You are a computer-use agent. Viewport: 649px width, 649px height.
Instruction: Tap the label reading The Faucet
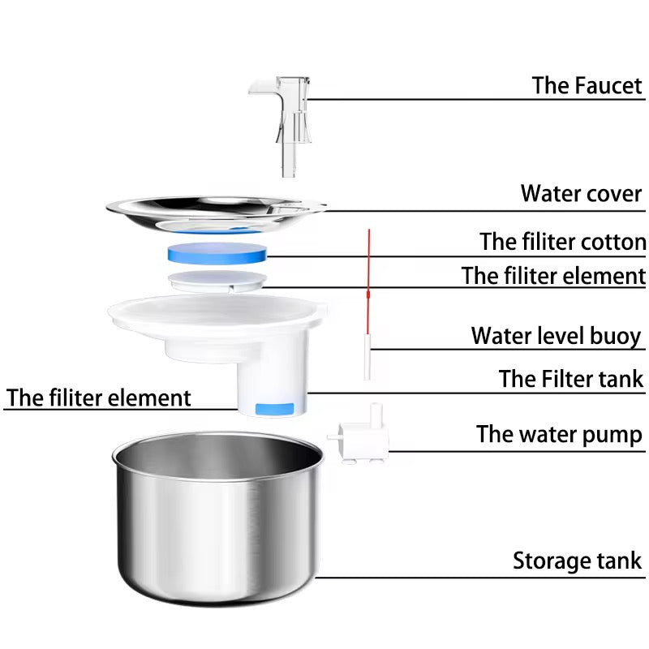[x=587, y=85]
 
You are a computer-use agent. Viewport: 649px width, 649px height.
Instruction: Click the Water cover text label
[x=581, y=194]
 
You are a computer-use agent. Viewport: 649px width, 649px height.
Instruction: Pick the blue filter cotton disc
[x=217, y=251]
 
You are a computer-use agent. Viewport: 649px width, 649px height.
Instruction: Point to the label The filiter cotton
[x=562, y=242]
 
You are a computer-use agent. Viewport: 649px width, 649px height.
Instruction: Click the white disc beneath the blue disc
[x=217, y=281]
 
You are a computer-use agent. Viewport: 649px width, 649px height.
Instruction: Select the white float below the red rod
[x=367, y=360]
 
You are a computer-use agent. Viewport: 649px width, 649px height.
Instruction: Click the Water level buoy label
[x=556, y=336]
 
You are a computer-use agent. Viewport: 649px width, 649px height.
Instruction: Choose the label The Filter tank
[x=570, y=379]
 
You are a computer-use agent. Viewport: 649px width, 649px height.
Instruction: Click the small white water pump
[x=357, y=442]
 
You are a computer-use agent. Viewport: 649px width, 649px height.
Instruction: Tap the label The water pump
[x=559, y=434]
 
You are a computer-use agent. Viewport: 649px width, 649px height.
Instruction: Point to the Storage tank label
[x=577, y=561]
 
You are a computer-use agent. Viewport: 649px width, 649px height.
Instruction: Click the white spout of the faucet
[x=260, y=86]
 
